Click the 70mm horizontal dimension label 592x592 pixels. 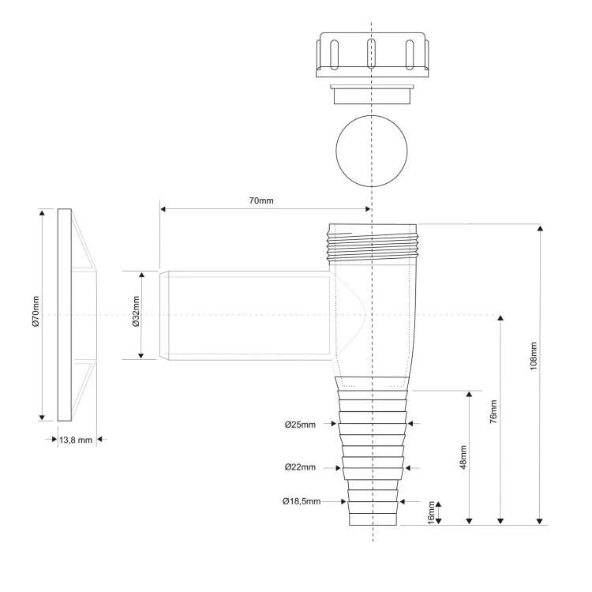click(x=261, y=200)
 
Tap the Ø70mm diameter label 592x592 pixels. click(x=36, y=312)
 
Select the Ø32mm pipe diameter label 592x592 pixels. click(x=136, y=312)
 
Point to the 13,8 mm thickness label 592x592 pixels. click(x=76, y=440)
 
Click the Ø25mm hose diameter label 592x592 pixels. click(x=300, y=425)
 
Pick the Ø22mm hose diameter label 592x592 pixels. click(x=300, y=467)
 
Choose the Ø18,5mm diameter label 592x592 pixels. click(x=302, y=501)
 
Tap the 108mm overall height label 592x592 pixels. click(x=533, y=356)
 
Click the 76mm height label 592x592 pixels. click(x=493, y=411)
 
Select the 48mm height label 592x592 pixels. click(x=463, y=457)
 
